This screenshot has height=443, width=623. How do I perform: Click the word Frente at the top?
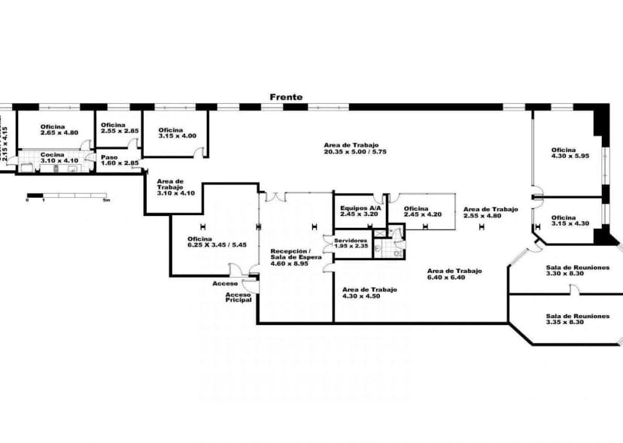point(287,96)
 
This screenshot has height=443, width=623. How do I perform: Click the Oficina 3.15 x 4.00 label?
point(177,132)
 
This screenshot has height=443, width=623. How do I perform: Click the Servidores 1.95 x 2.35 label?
point(350,242)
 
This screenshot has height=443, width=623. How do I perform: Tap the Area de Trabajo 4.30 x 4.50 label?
point(369,293)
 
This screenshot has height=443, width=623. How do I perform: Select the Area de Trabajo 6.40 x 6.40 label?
point(454,274)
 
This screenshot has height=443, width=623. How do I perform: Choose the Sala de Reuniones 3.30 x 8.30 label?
point(577,271)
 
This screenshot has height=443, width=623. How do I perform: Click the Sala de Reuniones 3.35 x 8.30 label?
point(577,319)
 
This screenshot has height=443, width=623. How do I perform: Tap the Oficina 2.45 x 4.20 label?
point(422,211)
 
